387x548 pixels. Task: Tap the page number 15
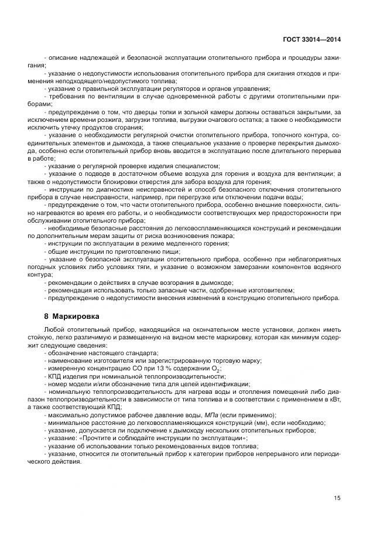pos(337,498)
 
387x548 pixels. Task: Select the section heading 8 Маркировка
pos(72,316)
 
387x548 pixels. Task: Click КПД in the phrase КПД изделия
pos(54,376)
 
